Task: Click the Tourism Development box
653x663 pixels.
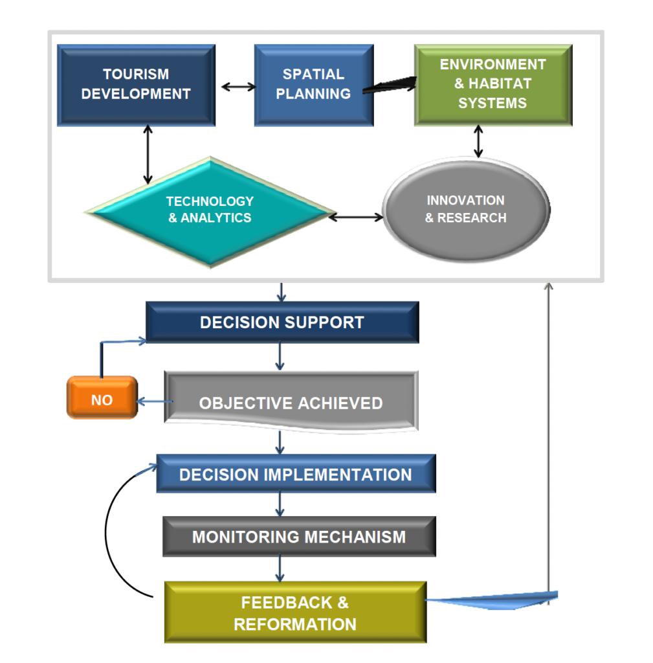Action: [x=136, y=85]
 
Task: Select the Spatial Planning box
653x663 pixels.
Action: [x=313, y=85]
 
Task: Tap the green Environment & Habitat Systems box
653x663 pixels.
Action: [x=493, y=85]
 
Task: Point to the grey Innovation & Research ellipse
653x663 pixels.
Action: [x=466, y=209]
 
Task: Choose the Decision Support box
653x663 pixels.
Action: [x=282, y=322]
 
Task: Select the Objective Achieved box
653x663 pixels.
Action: [x=291, y=403]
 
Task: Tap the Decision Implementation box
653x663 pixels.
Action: [x=296, y=474]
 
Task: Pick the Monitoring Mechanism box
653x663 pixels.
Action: [x=299, y=536]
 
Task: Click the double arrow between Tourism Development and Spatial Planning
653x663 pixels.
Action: [x=234, y=85]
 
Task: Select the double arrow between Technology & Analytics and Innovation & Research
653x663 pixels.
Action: [x=357, y=217]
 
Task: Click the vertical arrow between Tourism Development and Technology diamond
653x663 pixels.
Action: [x=148, y=155]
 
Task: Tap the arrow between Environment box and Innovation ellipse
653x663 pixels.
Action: [x=478, y=142]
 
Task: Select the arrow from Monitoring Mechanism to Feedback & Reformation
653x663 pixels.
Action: [x=280, y=568]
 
